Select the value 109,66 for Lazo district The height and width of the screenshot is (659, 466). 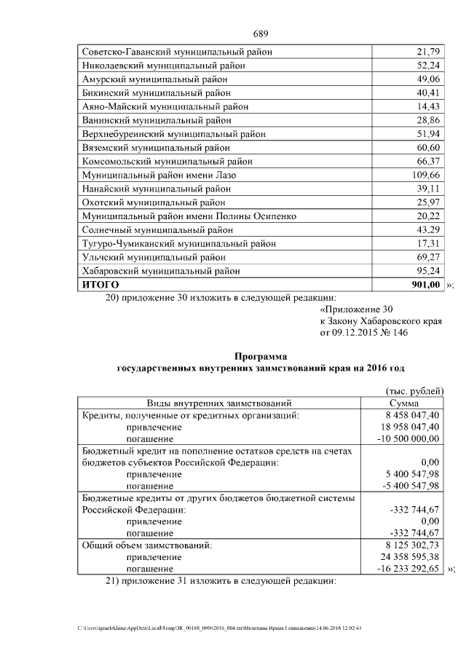point(426,175)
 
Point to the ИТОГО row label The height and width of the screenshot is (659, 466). point(100,284)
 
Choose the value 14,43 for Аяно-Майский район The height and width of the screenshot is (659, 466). point(428,106)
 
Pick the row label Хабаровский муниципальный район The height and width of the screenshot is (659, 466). point(161,271)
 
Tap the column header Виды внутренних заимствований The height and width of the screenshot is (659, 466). point(219,403)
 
